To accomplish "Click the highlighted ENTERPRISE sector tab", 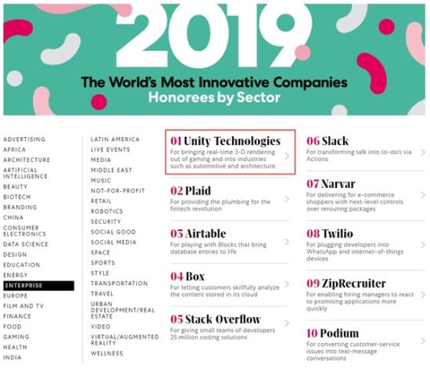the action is (x=38, y=286).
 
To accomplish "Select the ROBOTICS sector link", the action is (x=107, y=211).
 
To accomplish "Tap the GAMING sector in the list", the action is (x=16, y=337).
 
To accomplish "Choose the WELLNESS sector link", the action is (x=107, y=353).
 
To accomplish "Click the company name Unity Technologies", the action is (x=232, y=141).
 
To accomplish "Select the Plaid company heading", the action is (x=198, y=190).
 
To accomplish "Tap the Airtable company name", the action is (x=206, y=233).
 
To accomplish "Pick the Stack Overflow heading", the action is (x=223, y=319).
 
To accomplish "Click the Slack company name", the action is (x=335, y=141).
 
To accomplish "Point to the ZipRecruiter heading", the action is (x=353, y=283).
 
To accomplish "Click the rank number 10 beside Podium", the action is (x=312, y=334).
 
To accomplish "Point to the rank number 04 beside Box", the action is (x=177, y=276).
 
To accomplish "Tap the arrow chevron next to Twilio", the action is (x=423, y=245).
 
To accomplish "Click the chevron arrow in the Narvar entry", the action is (x=423, y=195).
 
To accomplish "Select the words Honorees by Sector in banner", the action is (x=214, y=98).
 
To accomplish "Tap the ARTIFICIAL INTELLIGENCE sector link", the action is (x=25, y=173).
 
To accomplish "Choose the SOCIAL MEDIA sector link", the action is (x=113, y=242).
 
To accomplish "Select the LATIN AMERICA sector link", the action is (x=115, y=139).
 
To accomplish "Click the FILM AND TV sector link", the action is (x=23, y=306).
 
